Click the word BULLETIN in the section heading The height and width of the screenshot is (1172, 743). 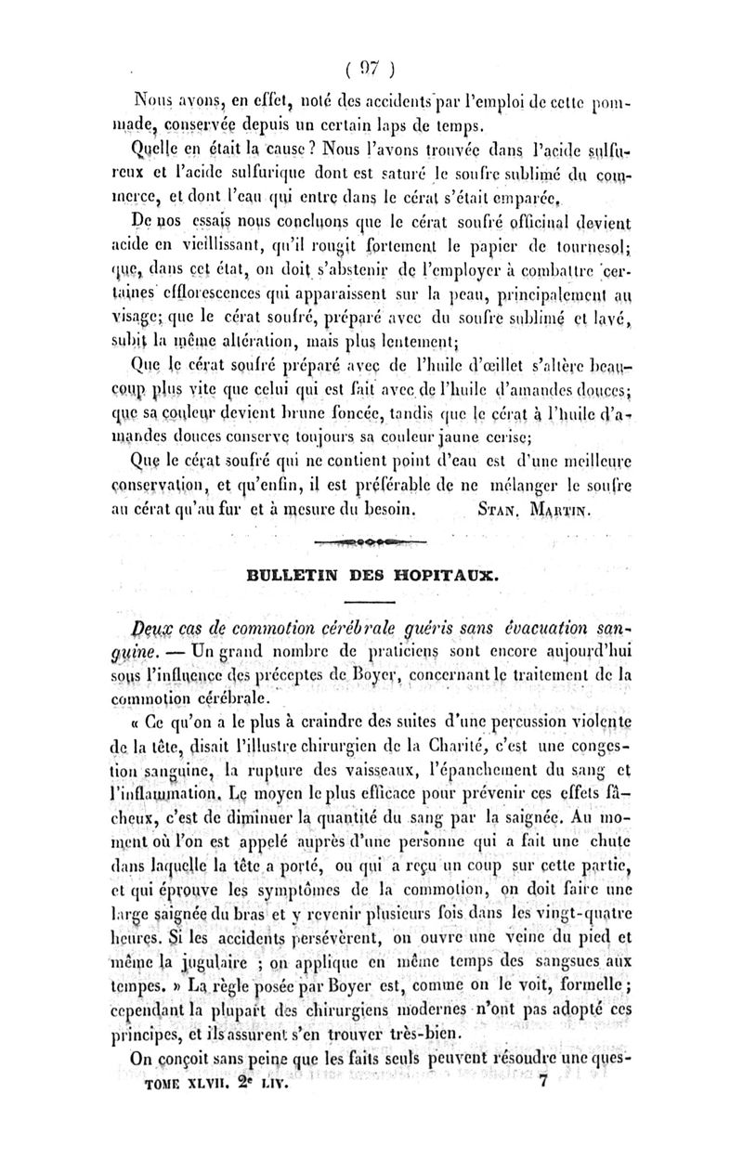(274, 575)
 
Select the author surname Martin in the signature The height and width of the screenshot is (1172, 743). (561, 510)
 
